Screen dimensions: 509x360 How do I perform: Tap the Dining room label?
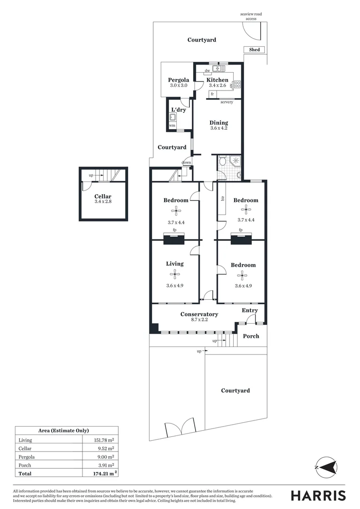[x=219, y=123]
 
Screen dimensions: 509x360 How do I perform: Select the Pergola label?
[x=179, y=80]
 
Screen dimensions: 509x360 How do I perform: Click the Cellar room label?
[x=103, y=197]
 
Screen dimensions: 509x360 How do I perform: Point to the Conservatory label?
[x=199, y=314]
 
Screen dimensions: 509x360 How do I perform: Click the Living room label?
[x=174, y=263]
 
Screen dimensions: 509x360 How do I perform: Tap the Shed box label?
[x=254, y=50]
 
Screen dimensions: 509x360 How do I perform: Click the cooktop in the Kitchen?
[x=237, y=85]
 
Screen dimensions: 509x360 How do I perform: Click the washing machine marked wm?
[x=172, y=125]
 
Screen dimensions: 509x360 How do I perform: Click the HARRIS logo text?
[x=318, y=495]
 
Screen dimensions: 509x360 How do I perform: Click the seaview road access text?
[x=251, y=16]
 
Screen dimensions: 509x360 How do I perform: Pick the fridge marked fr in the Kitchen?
[x=213, y=94]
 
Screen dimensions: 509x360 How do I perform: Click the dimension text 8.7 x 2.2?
[x=199, y=320]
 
